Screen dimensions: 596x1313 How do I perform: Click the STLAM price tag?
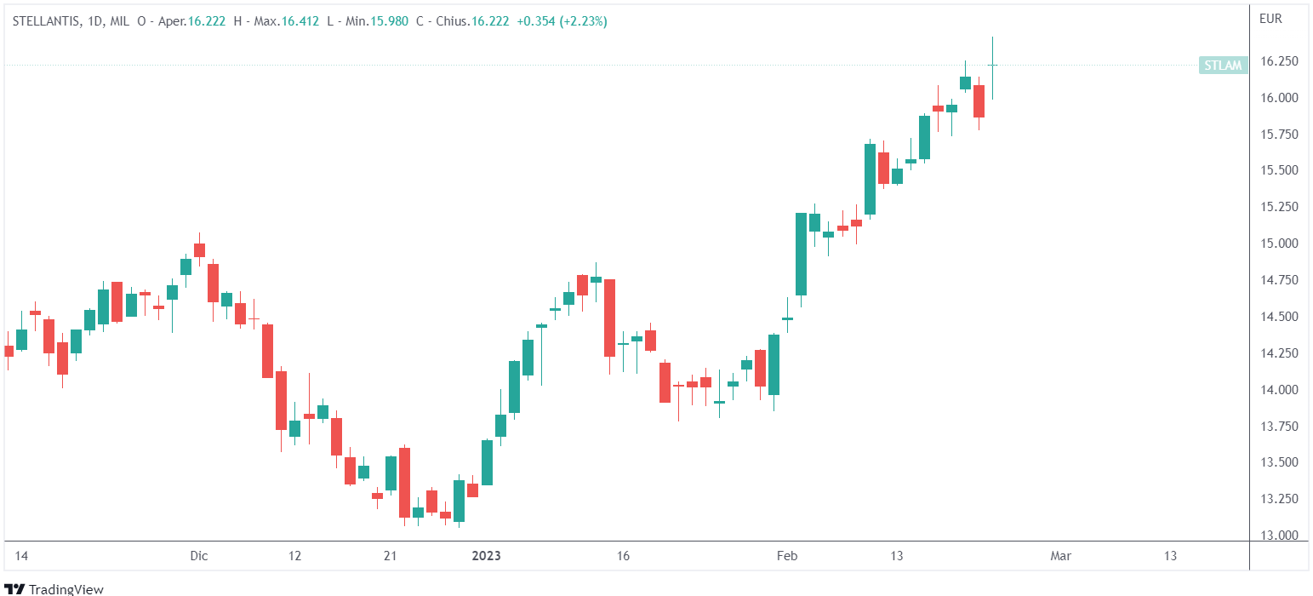click(1223, 65)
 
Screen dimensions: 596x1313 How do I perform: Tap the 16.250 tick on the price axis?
click(1279, 61)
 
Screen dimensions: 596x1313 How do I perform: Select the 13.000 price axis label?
click(1279, 536)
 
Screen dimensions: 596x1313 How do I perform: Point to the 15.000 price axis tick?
click(1279, 244)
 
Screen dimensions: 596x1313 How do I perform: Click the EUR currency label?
click(1270, 18)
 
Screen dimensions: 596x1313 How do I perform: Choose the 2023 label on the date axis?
click(486, 556)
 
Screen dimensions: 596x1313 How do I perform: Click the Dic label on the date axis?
click(199, 556)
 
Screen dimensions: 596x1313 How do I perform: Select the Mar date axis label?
click(1060, 556)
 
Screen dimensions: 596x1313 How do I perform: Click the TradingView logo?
click(55, 588)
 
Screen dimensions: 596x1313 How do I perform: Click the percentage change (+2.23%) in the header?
click(583, 21)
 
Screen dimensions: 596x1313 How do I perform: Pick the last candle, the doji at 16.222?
click(992, 66)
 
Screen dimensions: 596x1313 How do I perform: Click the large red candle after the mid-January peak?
click(609, 318)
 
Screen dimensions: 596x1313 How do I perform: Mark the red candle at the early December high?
click(199, 249)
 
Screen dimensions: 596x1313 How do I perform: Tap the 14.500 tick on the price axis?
click(1279, 317)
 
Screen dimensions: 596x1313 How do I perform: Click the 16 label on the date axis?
click(623, 556)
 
